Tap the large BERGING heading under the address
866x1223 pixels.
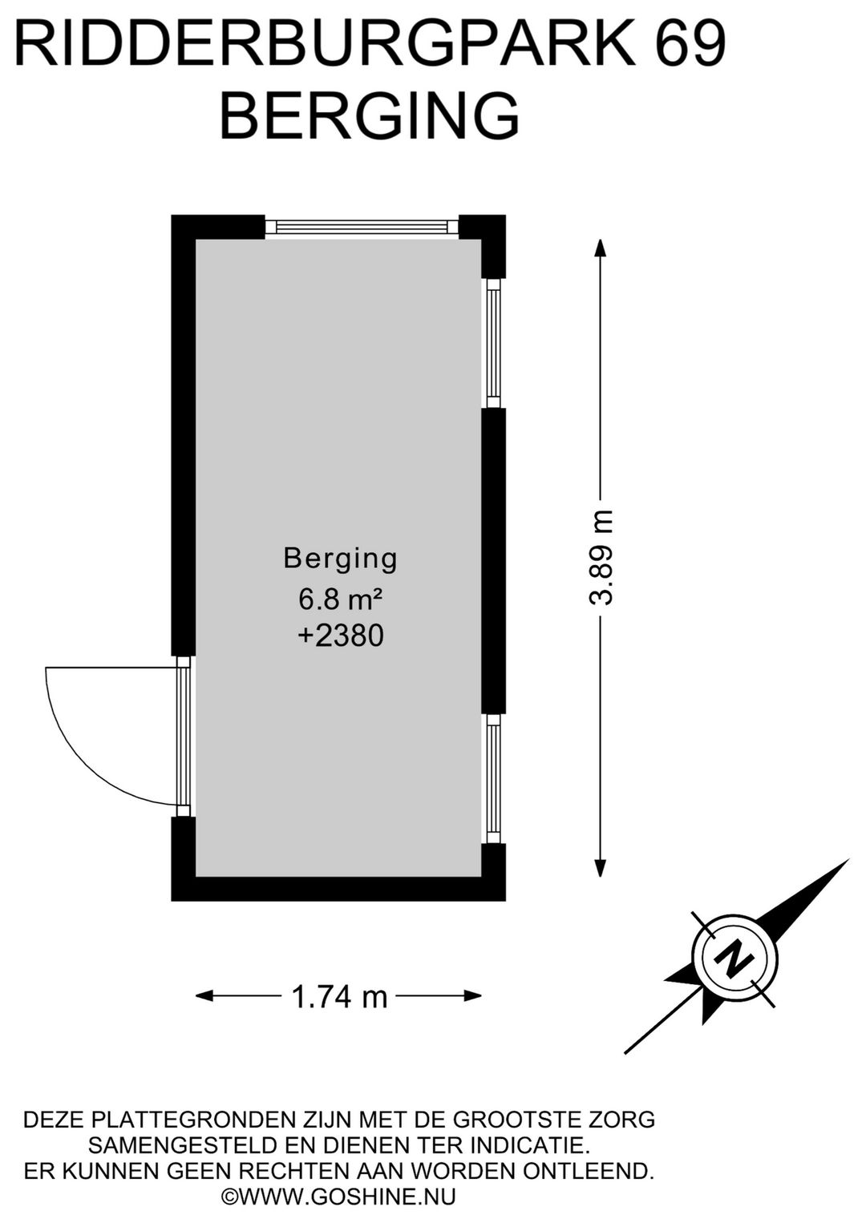(x=370, y=115)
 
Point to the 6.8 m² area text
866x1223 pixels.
(x=340, y=599)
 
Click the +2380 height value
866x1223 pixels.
(x=341, y=636)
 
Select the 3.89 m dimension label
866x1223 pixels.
(x=601, y=558)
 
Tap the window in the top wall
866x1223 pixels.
(x=362, y=227)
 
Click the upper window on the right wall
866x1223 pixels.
(x=493, y=344)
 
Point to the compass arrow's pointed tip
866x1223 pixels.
(x=849, y=859)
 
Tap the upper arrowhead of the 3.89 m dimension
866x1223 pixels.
(x=601, y=247)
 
